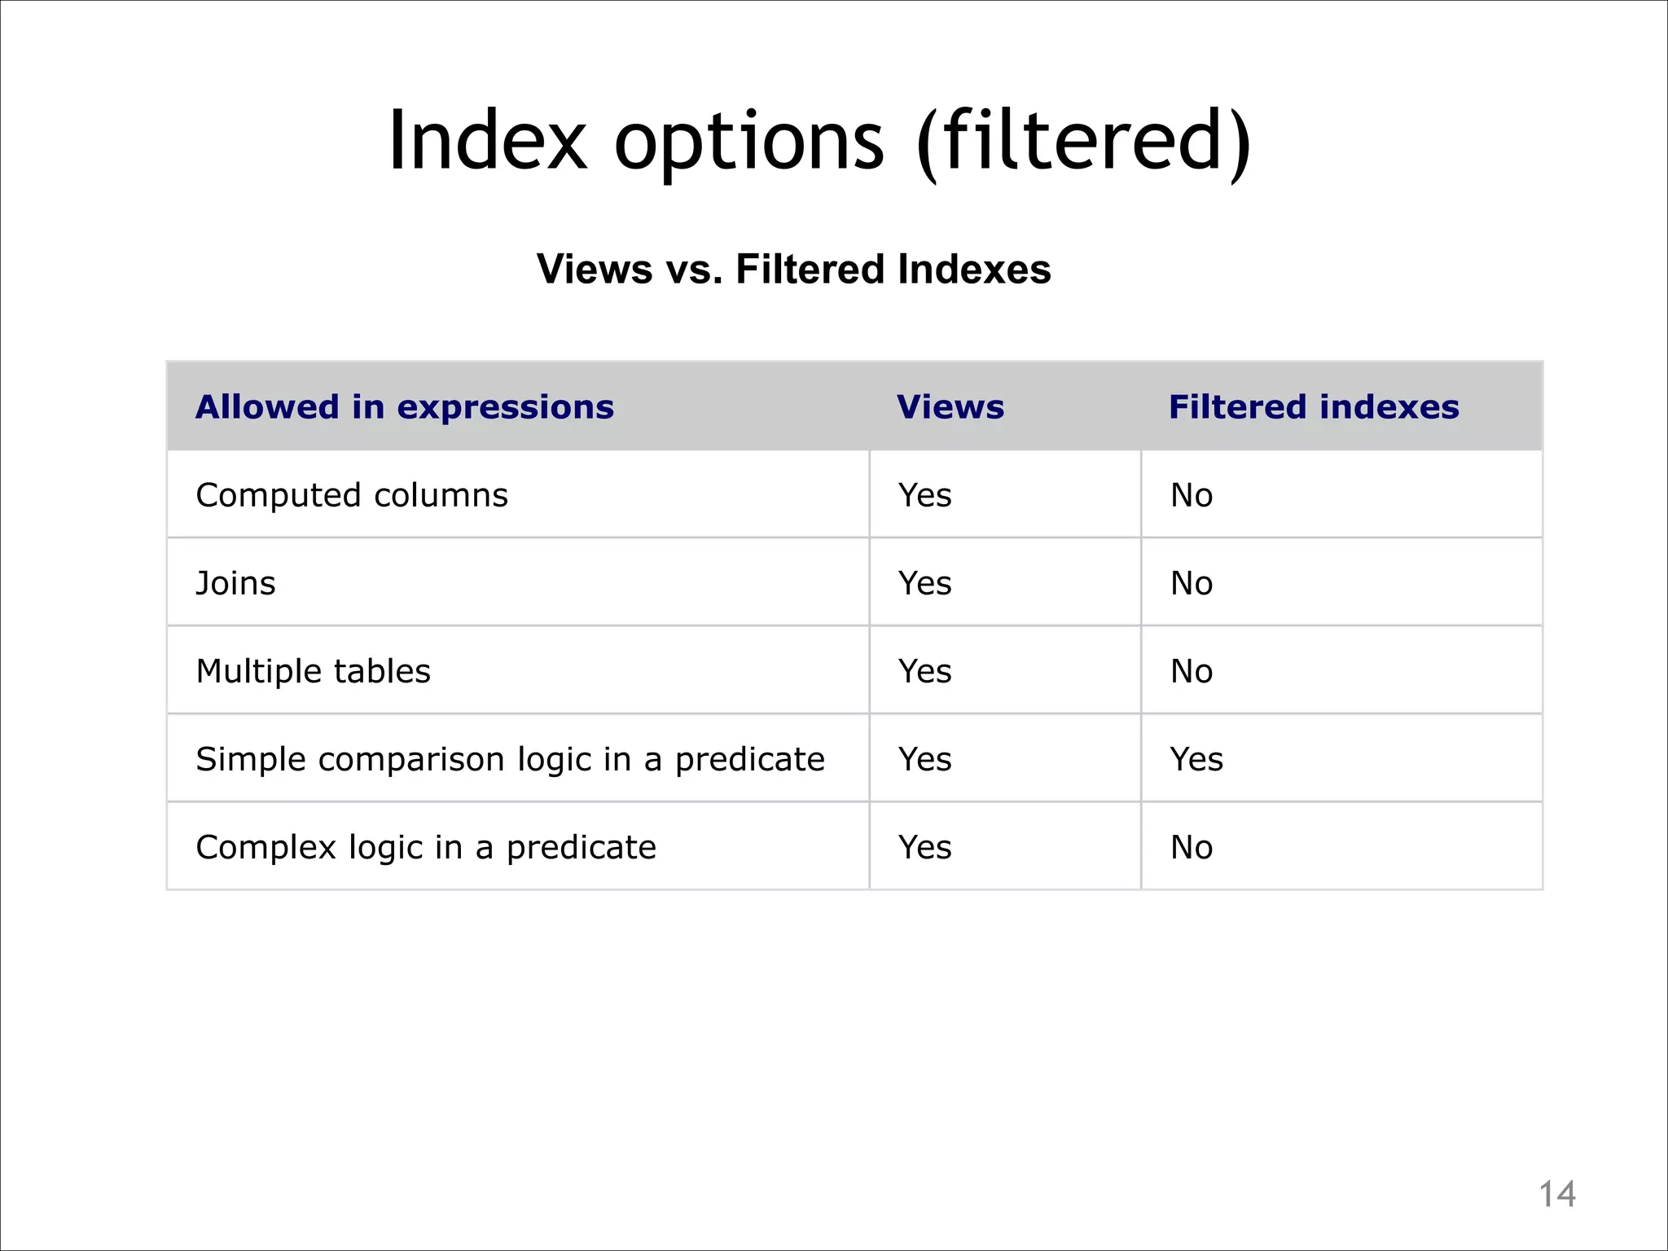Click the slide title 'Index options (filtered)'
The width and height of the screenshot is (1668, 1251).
point(819,142)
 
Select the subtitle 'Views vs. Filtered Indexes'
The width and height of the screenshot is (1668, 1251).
point(793,269)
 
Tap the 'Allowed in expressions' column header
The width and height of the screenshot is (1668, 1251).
point(405,407)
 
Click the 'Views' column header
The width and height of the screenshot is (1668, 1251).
point(950,407)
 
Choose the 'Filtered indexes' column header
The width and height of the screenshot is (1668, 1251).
point(1314,407)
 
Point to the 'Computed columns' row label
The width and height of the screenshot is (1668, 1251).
point(352,495)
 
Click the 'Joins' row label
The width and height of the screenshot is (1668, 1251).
point(236,583)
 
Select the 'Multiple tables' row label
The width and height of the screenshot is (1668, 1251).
point(314,671)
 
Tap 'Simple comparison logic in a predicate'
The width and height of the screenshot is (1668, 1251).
point(511,759)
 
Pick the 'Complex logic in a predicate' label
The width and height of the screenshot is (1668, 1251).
point(426,847)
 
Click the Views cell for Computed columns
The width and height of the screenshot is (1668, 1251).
point(925,495)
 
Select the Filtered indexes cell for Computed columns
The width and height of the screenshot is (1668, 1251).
point(1192,495)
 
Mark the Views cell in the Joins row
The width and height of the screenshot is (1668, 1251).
point(925,583)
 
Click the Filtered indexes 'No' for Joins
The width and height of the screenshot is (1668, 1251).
point(1192,583)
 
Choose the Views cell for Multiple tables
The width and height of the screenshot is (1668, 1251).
point(925,671)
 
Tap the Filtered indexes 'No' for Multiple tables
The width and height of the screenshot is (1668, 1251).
point(1192,671)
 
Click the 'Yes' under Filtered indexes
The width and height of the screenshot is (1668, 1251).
point(1196,759)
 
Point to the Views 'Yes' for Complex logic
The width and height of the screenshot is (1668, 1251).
point(925,847)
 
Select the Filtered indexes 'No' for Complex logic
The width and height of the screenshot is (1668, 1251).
point(1192,847)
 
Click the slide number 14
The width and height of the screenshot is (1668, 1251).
point(1556,1195)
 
